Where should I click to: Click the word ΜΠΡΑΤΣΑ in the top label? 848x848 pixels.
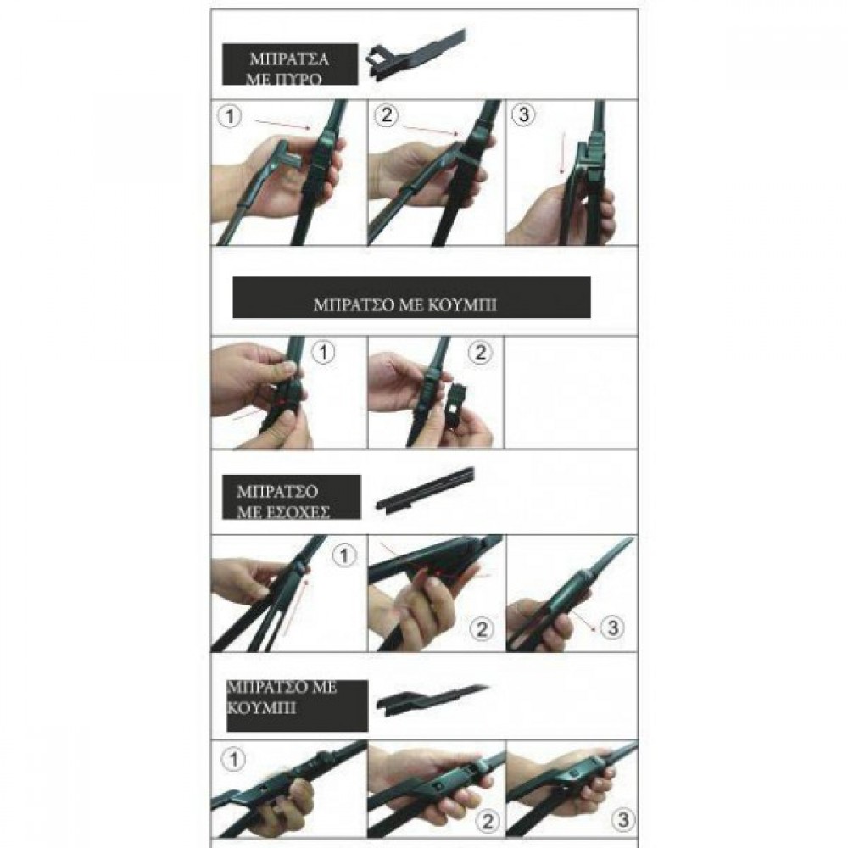289,59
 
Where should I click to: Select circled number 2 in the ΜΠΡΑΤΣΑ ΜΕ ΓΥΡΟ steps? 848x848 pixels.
386,115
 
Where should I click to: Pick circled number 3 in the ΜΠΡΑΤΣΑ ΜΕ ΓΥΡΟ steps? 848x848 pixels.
523,114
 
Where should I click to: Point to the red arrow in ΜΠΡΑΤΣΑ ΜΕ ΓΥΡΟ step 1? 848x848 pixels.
282,126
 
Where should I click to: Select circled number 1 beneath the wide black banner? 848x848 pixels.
323,353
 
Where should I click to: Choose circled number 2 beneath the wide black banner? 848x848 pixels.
480,353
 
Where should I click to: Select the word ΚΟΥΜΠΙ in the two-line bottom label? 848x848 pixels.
262,708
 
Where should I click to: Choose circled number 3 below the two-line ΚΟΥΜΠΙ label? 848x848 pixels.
623,820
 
